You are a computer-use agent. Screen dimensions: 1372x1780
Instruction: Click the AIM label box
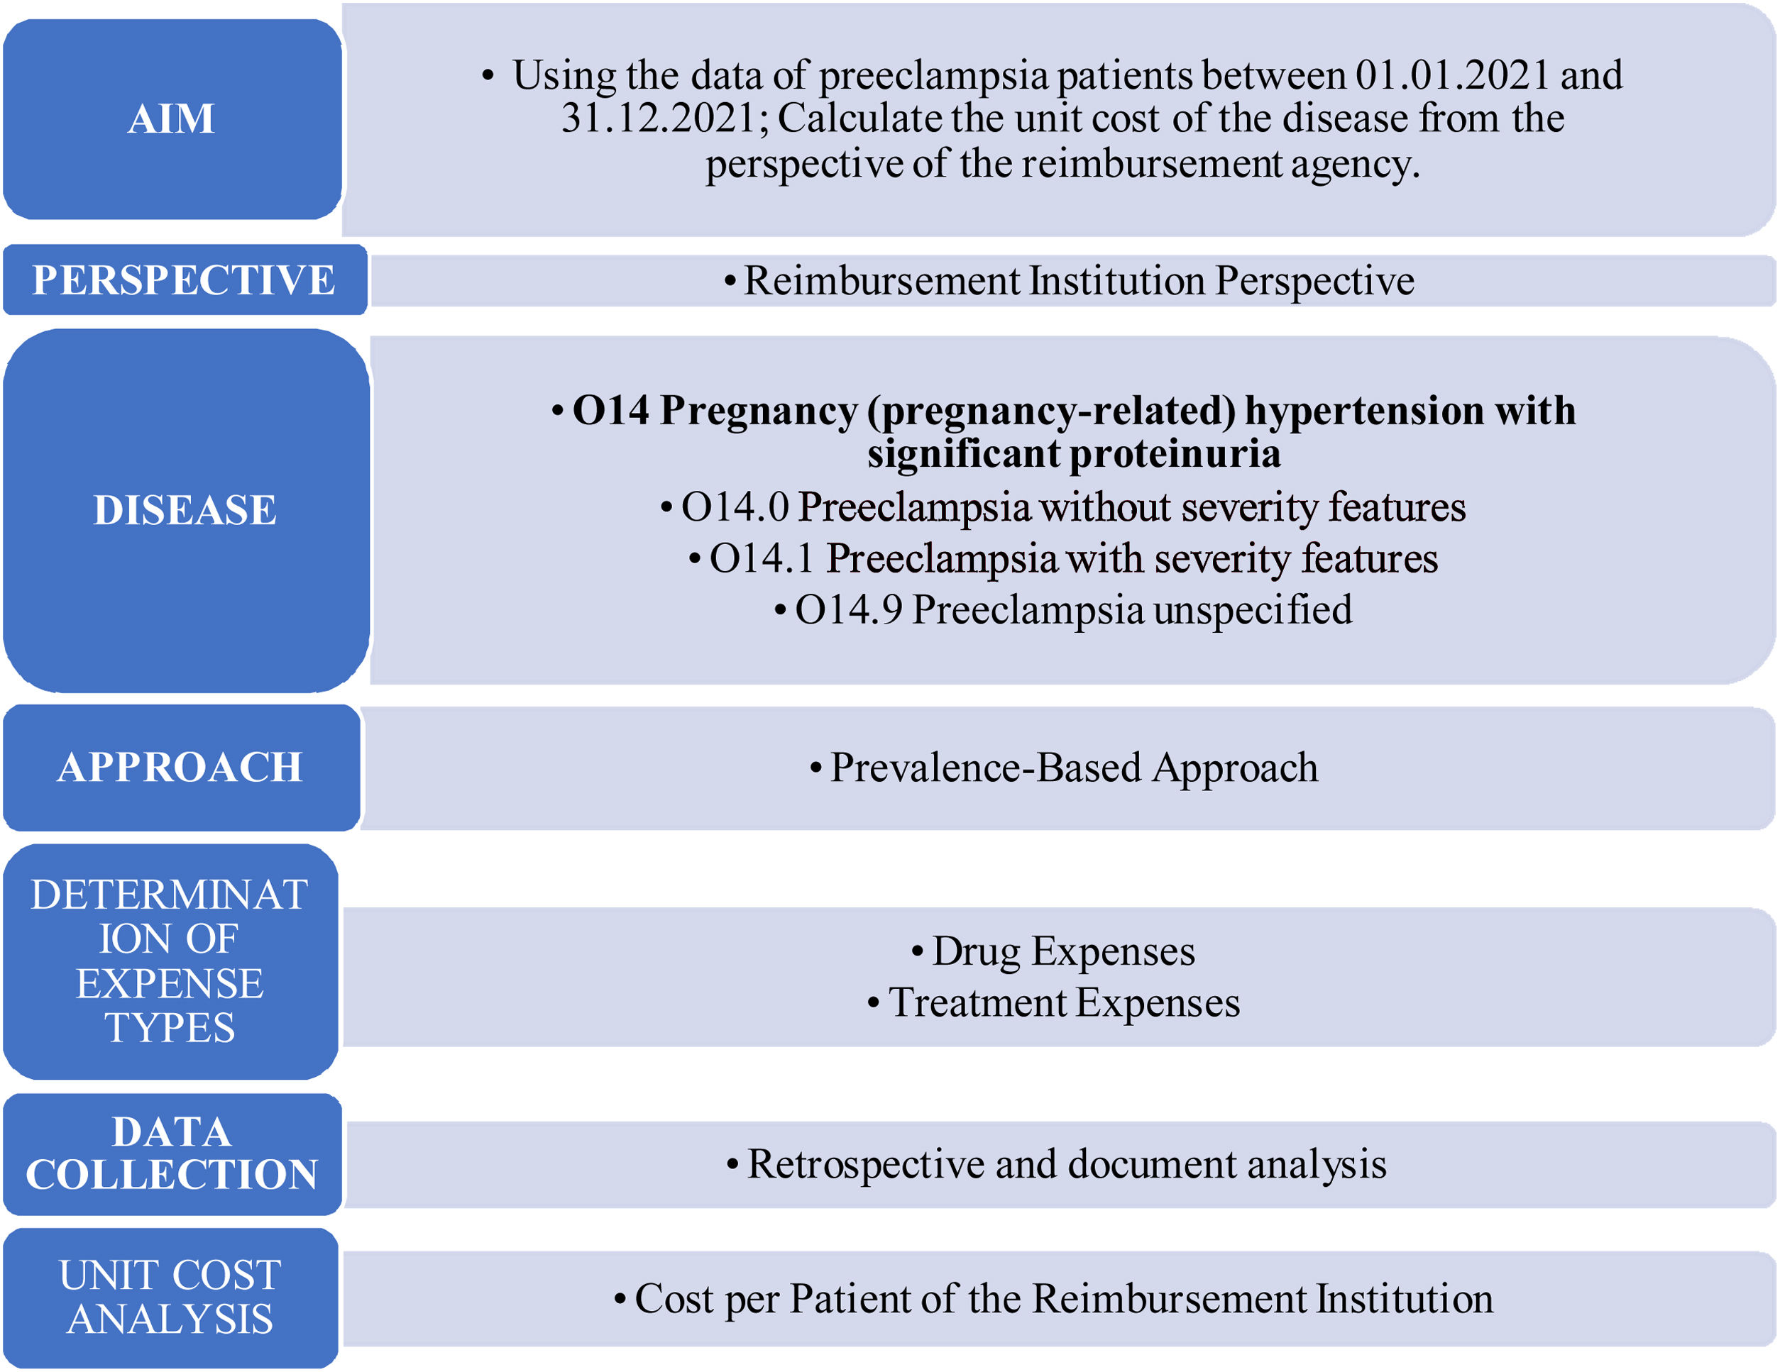click(x=171, y=119)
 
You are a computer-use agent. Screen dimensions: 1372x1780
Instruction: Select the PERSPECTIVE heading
click(x=183, y=280)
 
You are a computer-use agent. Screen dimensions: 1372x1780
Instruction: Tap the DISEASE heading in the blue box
click(x=185, y=510)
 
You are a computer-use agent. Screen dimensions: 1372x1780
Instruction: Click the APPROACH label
click(x=180, y=767)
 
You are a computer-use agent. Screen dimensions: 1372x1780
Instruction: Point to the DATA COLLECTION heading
click(x=171, y=1153)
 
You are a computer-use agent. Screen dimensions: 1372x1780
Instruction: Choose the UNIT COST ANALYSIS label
click(x=170, y=1297)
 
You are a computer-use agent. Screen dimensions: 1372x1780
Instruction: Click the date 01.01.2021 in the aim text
click(x=1451, y=75)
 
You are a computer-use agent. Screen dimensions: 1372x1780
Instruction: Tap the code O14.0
click(x=735, y=507)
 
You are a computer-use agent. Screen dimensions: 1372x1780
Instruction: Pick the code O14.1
click(x=762, y=558)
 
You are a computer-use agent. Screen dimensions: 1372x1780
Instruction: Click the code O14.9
click(x=848, y=609)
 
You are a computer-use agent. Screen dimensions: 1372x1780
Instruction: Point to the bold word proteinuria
click(x=1175, y=453)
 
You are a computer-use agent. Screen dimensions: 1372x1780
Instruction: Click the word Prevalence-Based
click(x=985, y=768)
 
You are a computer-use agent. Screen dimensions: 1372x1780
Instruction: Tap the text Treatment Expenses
click(x=1064, y=1002)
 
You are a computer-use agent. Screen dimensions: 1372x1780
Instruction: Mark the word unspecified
click(x=1253, y=609)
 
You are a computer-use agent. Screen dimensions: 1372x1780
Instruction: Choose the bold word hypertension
click(x=1364, y=410)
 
